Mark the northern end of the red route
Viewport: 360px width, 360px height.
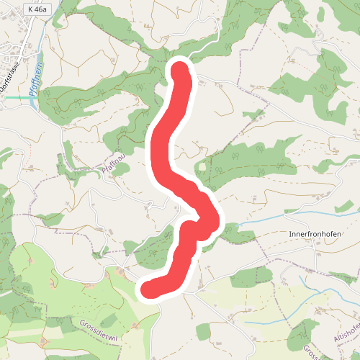(x=179, y=70)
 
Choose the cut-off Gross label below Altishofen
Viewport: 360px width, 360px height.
(x=309, y=352)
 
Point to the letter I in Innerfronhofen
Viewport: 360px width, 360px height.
(x=289, y=235)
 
